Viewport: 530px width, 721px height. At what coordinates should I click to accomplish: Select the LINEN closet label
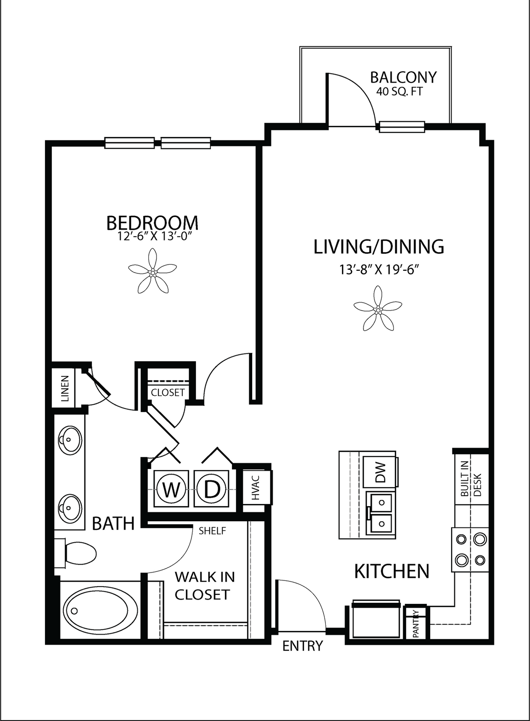coord(65,389)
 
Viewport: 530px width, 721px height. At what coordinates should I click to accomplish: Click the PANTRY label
coord(416,624)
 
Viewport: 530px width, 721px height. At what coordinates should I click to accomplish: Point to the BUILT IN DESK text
coord(471,479)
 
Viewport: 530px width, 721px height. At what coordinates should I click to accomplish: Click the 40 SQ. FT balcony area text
coord(399,91)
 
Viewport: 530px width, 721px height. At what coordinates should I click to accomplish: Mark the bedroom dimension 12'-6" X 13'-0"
coord(155,237)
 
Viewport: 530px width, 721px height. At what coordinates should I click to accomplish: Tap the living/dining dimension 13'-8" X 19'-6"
coord(379,270)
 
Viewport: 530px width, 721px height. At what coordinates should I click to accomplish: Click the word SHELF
coord(212,531)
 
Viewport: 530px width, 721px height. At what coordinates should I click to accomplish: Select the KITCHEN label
coord(391,571)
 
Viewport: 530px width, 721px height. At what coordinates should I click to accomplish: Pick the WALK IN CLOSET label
coord(205,586)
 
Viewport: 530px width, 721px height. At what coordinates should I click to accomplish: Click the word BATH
coord(113,523)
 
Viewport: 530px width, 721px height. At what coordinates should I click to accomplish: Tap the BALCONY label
coord(404,77)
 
